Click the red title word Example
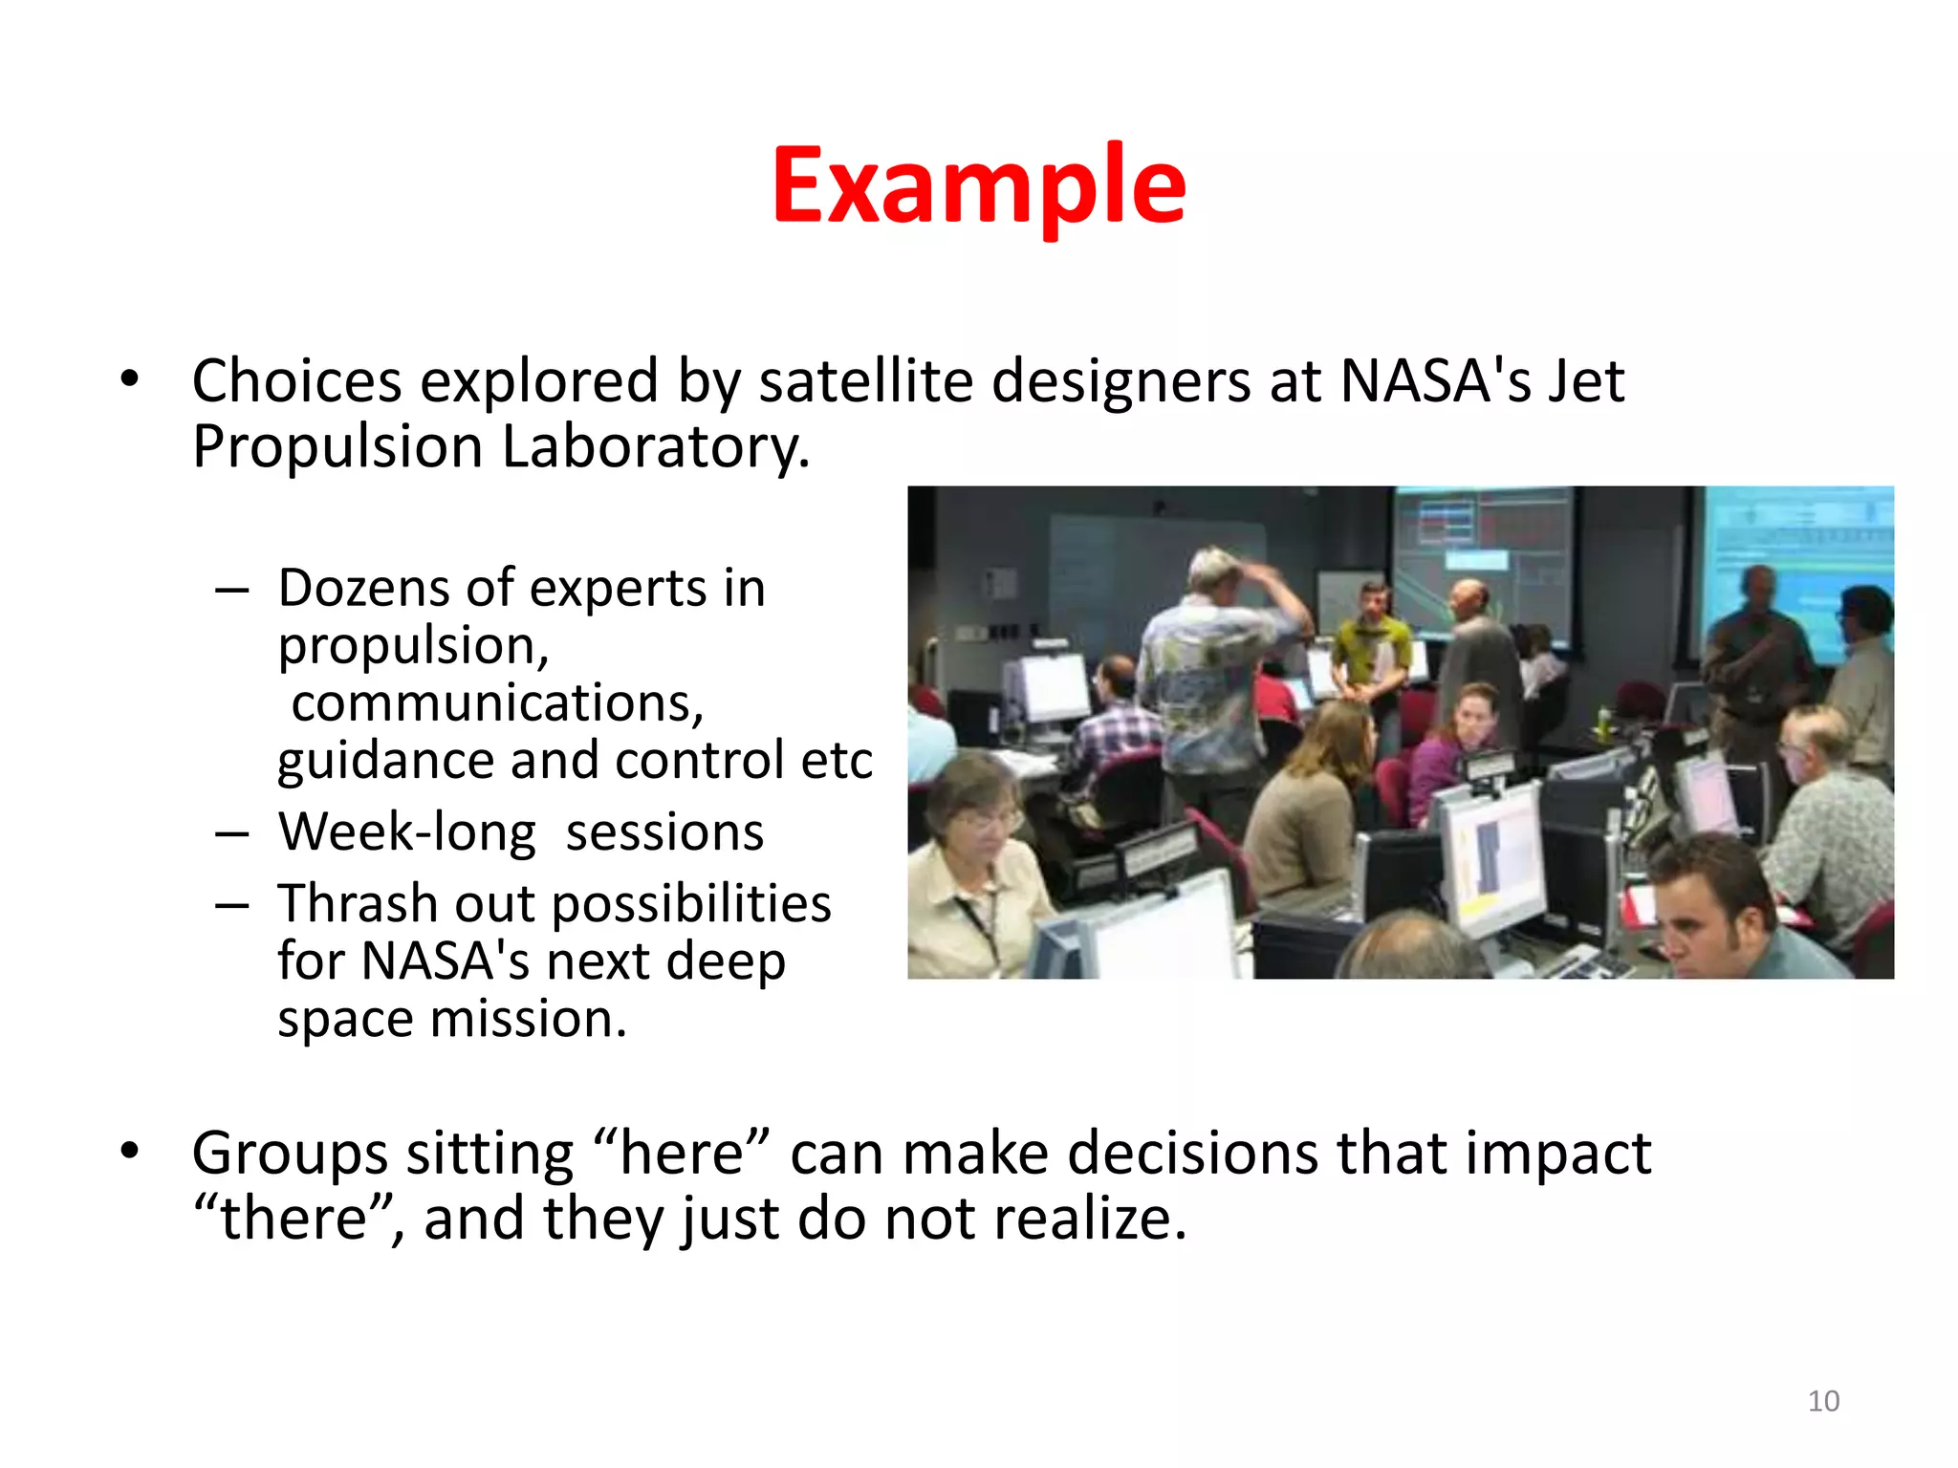[978, 186]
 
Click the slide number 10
[1823, 1401]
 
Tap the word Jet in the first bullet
[1586, 381]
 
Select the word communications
[497, 703]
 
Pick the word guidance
[384, 763]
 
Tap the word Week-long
[407, 832]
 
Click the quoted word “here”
[681, 1153]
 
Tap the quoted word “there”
[294, 1219]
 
